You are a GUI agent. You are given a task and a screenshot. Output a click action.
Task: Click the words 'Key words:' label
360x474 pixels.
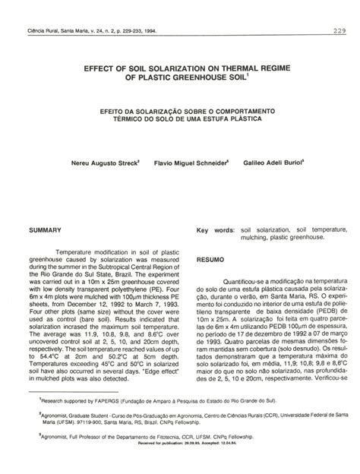(214, 229)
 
